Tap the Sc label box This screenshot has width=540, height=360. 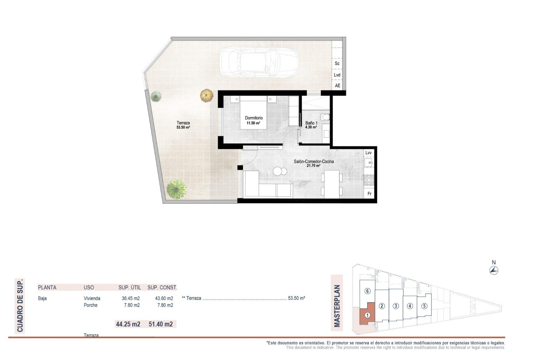point(337,64)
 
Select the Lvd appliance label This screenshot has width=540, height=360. point(337,75)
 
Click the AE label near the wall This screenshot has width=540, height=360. point(337,85)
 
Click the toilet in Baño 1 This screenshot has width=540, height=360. point(325,117)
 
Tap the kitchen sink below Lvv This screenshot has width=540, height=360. point(368,163)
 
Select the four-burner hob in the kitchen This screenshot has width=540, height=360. point(369,180)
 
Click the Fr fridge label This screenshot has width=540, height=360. point(369,194)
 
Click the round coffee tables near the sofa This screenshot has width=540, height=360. point(280,171)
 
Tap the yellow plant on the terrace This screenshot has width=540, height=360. point(207,95)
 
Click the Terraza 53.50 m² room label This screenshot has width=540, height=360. point(183,125)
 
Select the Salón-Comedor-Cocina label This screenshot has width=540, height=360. point(314,163)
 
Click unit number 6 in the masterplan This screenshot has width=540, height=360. point(367,291)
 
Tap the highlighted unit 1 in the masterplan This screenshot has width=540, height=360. point(367,315)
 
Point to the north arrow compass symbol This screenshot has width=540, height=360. point(494,271)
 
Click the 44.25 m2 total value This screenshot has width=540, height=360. point(128,324)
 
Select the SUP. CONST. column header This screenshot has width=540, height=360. point(162,287)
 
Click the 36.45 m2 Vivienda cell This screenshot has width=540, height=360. point(130,298)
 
